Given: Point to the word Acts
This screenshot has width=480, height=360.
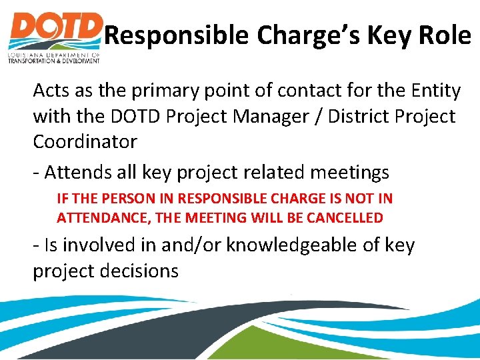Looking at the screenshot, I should tap(51, 90).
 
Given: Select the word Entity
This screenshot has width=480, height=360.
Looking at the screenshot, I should tap(433, 91).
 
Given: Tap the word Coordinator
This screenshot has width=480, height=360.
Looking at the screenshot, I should tap(85, 141).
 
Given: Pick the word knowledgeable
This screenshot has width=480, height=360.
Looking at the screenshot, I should tap(303, 245).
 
